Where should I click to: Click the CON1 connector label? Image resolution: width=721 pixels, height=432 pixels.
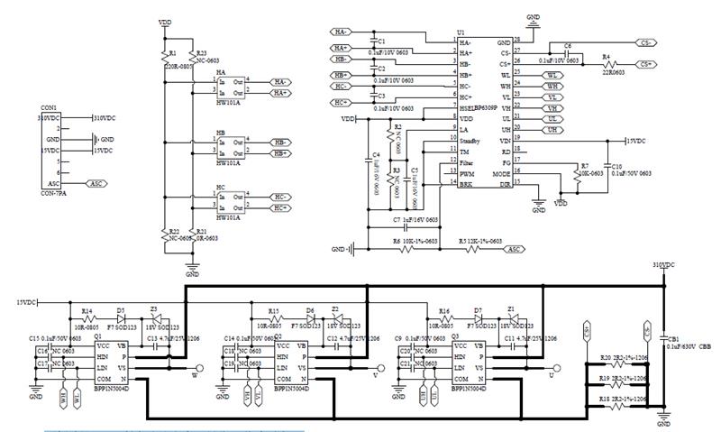click(x=49, y=108)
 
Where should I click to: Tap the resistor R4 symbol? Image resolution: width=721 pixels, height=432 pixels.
click(x=613, y=64)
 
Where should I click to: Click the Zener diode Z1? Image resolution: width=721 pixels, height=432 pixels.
click(x=512, y=318)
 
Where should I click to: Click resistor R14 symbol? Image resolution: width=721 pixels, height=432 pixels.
click(x=87, y=318)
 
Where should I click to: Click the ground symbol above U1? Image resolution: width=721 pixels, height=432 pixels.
click(x=533, y=27)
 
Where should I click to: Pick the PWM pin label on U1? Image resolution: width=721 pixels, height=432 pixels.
click(x=466, y=172)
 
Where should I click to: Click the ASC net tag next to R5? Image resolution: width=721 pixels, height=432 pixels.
click(x=514, y=249)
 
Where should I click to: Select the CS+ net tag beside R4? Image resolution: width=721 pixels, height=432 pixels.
click(x=645, y=64)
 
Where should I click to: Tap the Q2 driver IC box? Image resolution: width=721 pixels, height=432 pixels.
click(x=293, y=368)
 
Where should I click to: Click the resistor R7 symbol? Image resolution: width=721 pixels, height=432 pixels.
click(x=574, y=176)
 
